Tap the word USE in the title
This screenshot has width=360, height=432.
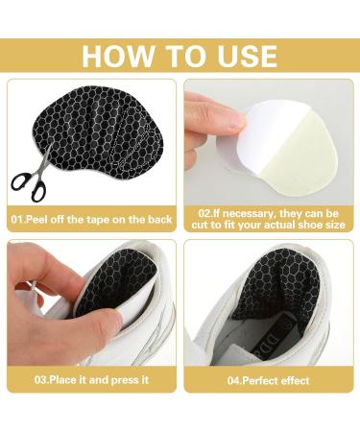tap(247, 57)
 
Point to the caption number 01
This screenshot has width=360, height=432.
tap(17, 220)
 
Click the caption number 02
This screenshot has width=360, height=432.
tap(204, 213)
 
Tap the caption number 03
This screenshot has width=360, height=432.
tap(40, 380)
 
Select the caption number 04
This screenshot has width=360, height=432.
tap(233, 380)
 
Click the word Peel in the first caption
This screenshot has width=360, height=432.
tap(37, 220)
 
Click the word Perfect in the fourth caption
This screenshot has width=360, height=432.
tap(260, 380)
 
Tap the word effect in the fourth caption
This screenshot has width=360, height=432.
tap(295, 380)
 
